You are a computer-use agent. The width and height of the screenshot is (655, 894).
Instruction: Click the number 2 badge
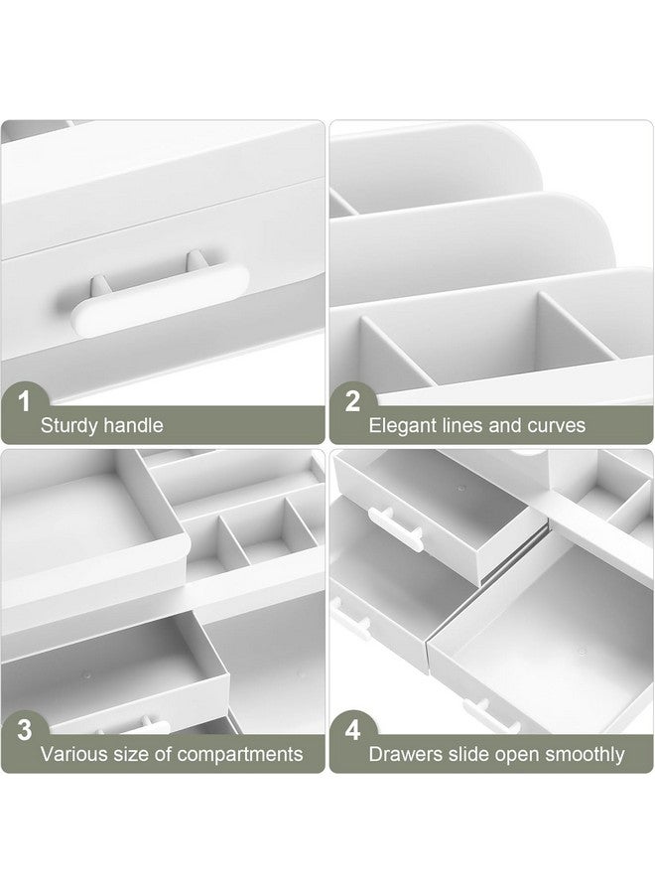click(351, 402)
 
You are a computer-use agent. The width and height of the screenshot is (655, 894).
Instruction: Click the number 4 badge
click(351, 730)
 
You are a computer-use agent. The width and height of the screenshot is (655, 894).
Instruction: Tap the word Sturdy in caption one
click(70, 426)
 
